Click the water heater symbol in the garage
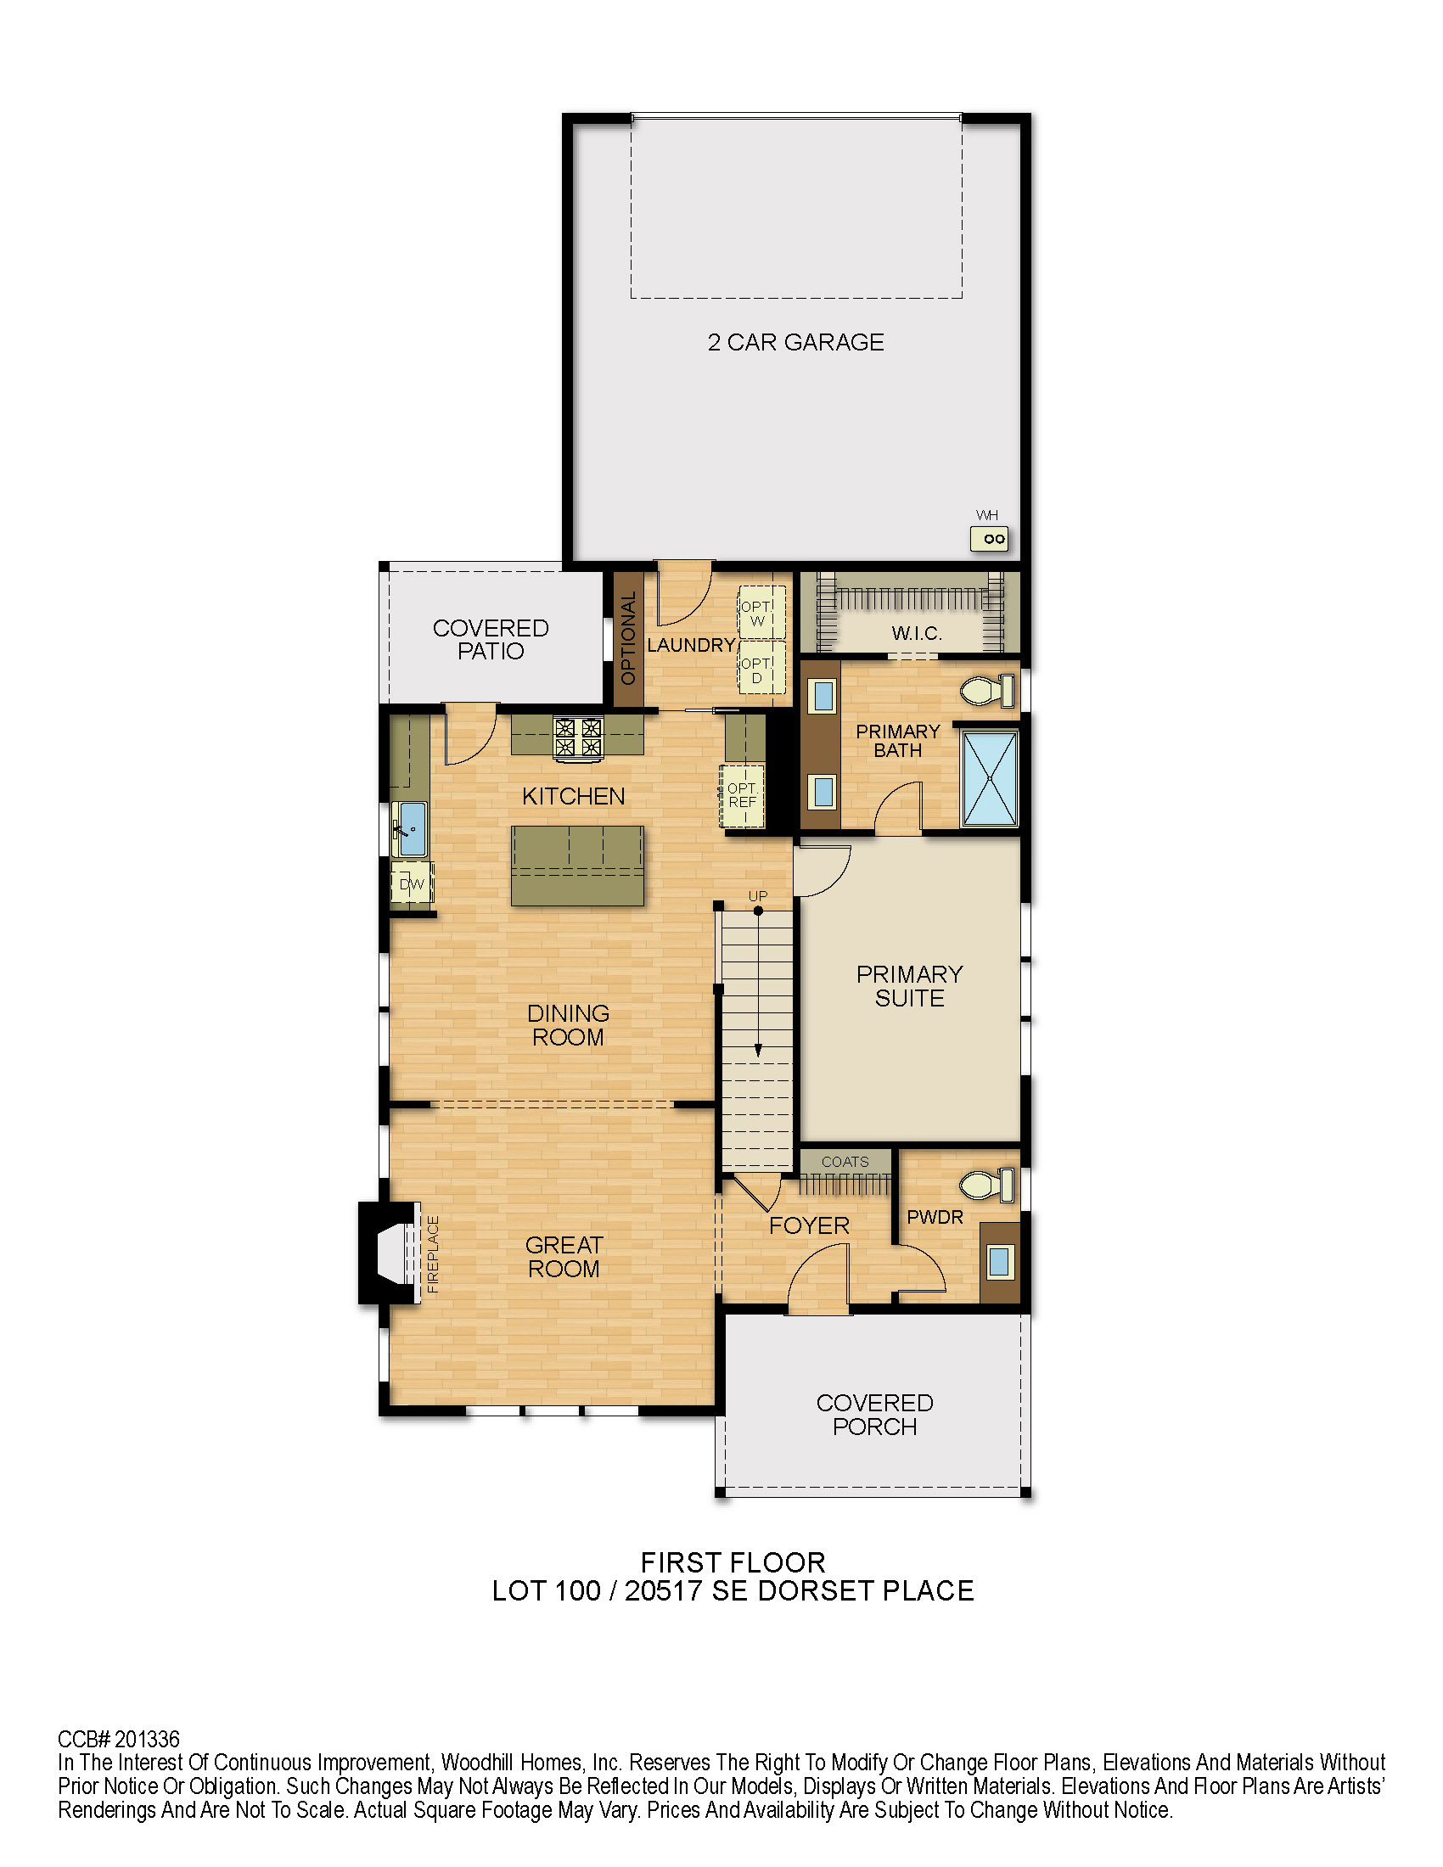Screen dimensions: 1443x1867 (x=989, y=539)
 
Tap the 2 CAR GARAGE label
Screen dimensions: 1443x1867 (x=796, y=342)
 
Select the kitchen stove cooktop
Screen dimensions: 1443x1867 (x=578, y=737)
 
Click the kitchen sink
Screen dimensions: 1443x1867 (x=410, y=829)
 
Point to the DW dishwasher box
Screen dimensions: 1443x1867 (x=412, y=884)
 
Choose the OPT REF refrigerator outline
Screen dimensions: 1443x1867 (x=742, y=795)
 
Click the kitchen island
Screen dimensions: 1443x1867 (x=577, y=865)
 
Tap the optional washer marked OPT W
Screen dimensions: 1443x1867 (x=761, y=613)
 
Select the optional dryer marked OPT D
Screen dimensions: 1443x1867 (x=761, y=670)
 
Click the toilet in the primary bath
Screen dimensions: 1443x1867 (x=988, y=690)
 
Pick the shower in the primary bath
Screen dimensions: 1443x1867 (x=990, y=778)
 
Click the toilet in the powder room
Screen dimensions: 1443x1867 (x=987, y=1185)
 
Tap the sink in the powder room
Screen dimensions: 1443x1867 (x=998, y=1261)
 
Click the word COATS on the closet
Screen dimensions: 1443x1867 (x=845, y=1162)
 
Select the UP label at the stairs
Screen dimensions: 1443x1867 (x=758, y=896)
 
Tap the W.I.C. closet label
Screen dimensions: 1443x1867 (x=917, y=633)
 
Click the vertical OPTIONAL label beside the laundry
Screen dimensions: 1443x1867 (x=628, y=637)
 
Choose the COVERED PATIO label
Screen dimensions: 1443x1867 (x=491, y=639)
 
